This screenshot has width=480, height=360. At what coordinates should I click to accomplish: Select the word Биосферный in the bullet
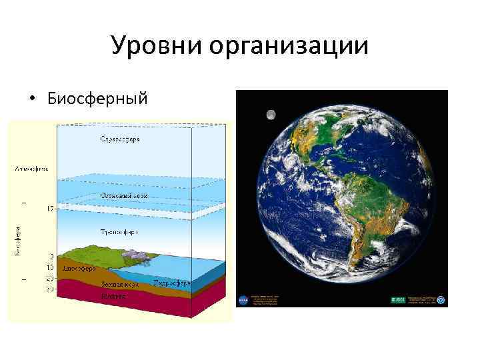(x=96, y=99)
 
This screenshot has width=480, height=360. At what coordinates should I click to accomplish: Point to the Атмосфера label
(x=31, y=169)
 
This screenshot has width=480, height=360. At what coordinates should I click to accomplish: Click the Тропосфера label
(x=120, y=233)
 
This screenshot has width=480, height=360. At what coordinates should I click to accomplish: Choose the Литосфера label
(x=78, y=268)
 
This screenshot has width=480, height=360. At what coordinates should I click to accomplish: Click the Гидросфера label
(x=172, y=283)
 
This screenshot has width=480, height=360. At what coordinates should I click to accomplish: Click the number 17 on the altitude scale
(x=50, y=209)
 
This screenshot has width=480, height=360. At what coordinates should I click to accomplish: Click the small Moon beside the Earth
(x=271, y=115)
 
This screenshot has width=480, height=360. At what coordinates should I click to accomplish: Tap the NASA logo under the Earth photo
(x=243, y=301)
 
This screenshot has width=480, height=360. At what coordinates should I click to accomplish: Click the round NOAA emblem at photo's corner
(x=441, y=301)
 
